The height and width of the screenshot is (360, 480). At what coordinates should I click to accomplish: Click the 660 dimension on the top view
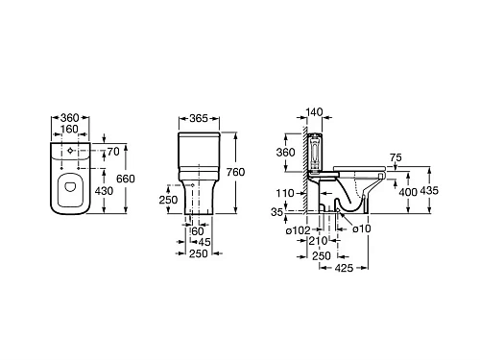(x=126, y=179)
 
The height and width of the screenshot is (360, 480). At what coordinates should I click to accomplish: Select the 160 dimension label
(x=69, y=129)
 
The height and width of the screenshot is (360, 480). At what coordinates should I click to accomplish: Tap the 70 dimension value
(x=113, y=152)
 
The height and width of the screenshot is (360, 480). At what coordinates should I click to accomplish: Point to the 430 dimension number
(x=104, y=191)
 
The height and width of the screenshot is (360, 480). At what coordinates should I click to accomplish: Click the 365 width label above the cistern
(x=199, y=118)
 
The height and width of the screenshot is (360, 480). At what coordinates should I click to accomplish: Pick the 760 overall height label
(x=235, y=172)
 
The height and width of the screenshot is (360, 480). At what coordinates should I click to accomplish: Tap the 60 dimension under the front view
(x=198, y=231)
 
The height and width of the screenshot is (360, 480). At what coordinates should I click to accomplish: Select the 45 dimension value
(x=204, y=242)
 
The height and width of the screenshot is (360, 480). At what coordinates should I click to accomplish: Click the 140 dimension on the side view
(x=315, y=112)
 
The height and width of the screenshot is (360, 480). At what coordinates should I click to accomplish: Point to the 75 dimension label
(x=396, y=157)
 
